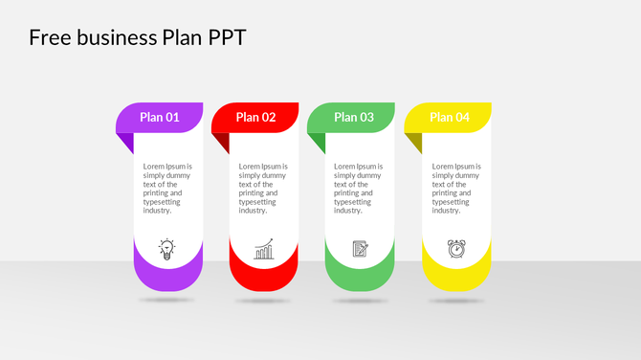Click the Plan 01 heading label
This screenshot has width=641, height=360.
[x=160, y=118]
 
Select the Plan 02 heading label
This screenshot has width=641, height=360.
[x=255, y=118]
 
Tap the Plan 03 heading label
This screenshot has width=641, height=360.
[x=354, y=118]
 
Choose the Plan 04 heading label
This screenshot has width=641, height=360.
[x=450, y=118]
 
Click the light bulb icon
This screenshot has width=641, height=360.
[x=167, y=250]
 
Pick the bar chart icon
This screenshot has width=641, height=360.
[x=264, y=250]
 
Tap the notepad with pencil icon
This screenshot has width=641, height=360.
[x=361, y=249]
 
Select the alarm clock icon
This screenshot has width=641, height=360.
[x=457, y=249]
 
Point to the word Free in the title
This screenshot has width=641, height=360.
[x=48, y=37]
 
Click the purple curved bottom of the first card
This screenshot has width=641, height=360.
[x=168, y=279]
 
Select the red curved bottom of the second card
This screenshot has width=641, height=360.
[x=264, y=279]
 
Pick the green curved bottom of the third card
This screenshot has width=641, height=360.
[x=361, y=279]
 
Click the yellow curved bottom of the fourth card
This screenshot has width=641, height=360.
[x=457, y=279]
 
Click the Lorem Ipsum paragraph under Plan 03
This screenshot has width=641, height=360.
[x=359, y=189]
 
